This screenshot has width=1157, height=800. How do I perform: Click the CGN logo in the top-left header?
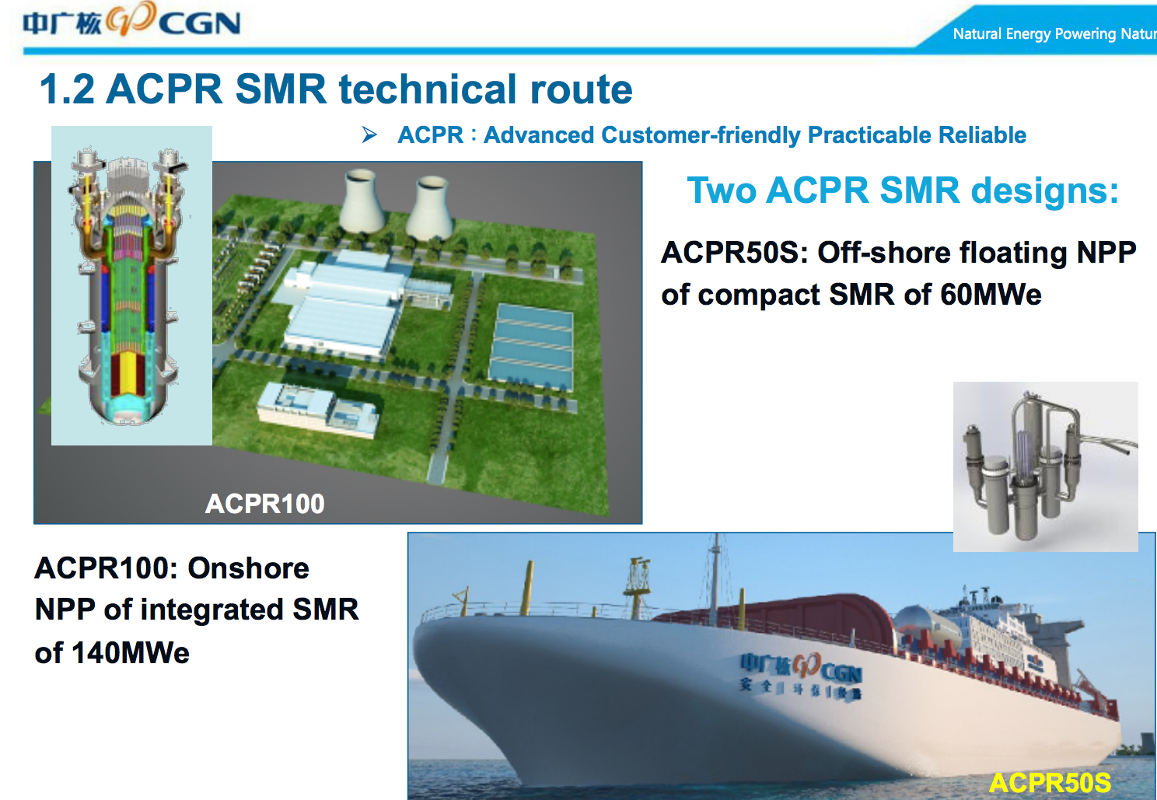(132, 22)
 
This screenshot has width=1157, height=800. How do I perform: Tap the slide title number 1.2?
(67, 89)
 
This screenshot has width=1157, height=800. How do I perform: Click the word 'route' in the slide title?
(581, 89)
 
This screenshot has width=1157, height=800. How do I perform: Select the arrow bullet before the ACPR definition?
(369, 135)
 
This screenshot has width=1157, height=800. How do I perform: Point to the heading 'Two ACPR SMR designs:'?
(903, 190)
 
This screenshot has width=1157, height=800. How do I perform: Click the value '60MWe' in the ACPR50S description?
(991, 295)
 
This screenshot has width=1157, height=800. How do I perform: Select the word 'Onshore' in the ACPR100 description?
(249, 568)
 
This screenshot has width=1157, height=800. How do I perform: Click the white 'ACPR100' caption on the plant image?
(264, 504)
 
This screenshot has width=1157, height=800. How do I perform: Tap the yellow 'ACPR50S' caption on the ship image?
(1049, 782)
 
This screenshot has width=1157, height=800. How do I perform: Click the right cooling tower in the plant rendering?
(430, 207)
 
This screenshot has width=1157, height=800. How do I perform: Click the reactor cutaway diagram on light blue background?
(131, 285)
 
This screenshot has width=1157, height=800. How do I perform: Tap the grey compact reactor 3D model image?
(1045, 466)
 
